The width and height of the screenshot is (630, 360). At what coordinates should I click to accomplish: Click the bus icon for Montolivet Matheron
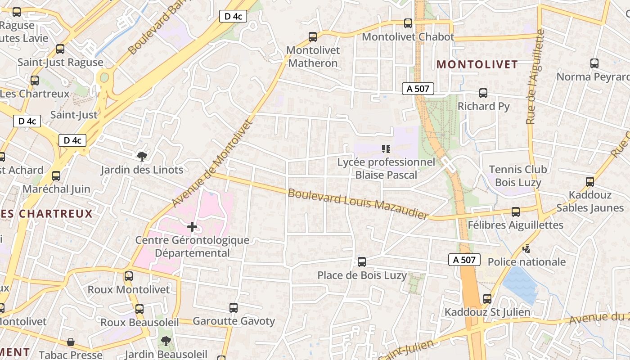coord(312,37)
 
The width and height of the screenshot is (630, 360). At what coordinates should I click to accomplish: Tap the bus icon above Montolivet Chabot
coord(408,23)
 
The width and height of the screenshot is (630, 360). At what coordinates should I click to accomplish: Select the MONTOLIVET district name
coord(477,64)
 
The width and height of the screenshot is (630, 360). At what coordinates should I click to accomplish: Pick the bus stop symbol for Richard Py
coord(483,93)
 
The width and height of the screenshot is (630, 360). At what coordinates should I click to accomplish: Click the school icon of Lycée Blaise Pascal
coord(386,148)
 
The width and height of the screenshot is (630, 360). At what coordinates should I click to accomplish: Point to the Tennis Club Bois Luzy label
coord(518,176)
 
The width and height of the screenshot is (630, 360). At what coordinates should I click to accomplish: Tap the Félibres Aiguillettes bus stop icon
coord(516,211)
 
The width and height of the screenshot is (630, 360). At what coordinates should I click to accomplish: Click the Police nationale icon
coord(526,248)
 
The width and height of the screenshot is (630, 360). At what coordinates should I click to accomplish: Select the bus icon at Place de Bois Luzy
coord(361,262)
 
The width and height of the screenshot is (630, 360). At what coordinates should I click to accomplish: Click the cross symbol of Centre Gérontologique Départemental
coord(192,226)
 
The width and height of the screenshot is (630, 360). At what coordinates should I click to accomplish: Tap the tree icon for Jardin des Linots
coord(142,157)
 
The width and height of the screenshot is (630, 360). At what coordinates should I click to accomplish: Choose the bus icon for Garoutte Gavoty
coord(233,308)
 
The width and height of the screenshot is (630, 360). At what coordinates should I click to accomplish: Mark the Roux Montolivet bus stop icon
coord(129,276)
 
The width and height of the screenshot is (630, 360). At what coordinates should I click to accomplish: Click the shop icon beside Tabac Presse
coord(71,342)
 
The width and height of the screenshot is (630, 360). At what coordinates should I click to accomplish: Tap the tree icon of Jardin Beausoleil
coord(166,341)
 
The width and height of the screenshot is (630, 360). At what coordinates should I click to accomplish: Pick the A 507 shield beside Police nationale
coord(464,260)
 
